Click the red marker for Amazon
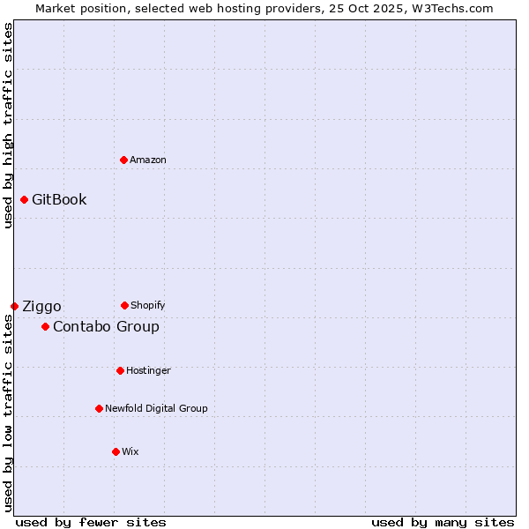(123, 160)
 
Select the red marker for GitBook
(24, 199)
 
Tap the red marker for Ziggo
(14, 306)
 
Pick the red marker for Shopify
(124, 305)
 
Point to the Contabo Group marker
(45, 326)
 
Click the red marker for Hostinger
(120, 370)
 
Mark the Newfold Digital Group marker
(99, 408)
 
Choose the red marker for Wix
(115, 451)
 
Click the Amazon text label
(148, 160)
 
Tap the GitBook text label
(59, 199)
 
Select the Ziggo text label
(41, 306)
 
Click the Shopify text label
(148, 305)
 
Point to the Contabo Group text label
(106, 326)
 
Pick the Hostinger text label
(148, 370)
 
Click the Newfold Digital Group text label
(156, 408)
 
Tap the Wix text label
(130, 451)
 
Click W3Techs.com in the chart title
(451, 8)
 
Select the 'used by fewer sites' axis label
(91, 522)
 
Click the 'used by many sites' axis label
(443, 522)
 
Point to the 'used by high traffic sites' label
(8, 125)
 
